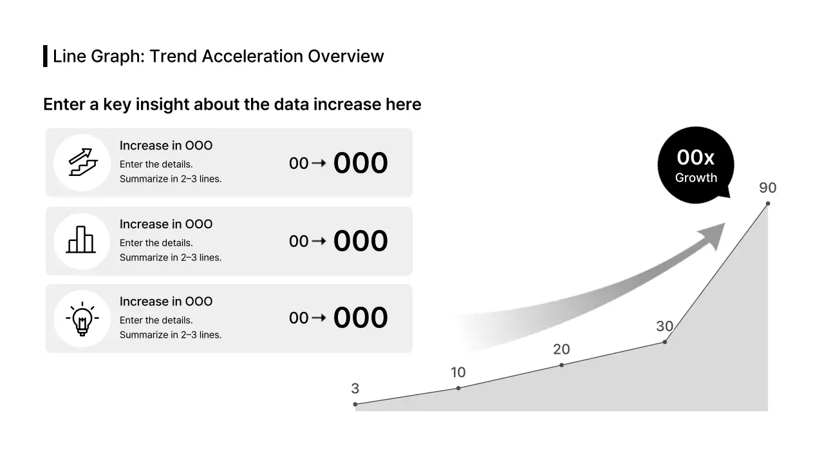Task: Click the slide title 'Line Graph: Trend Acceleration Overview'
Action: pos(218,56)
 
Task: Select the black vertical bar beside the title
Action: pos(45,56)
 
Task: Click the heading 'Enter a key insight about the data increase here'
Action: pos(232,104)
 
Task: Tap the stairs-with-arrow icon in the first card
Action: pos(82,162)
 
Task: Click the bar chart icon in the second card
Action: pos(81,240)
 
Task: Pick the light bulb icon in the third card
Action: pos(82,318)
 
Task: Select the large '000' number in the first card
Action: pos(360,164)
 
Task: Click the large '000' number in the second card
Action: pos(360,242)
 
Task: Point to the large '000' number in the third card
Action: pos(360,318)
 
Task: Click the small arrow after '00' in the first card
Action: pos(318,164)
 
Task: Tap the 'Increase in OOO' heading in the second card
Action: pos(165,224)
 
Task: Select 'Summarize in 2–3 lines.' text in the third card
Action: pos(171,335)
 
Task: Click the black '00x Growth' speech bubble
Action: pos(695,165)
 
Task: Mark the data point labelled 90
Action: pos(767,204)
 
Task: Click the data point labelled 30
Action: pos(664,342)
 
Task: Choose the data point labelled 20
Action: pos(561,365)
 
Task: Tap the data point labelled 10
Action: pos(458,388)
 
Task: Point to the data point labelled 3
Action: pos(355,404)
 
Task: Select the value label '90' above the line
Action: pos(767,188)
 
